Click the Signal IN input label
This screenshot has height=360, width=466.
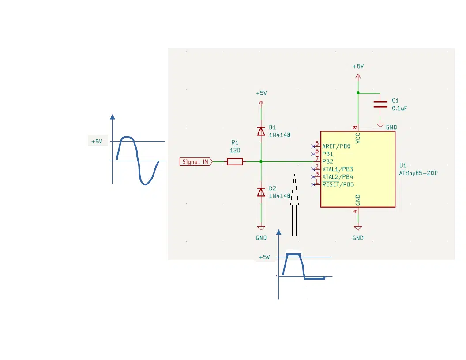[x=196, y=162]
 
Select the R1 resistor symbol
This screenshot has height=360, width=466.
[x=235, y=162]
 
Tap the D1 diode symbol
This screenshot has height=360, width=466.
[x=261, y=131]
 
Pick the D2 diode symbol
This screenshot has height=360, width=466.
[x=261, y=192]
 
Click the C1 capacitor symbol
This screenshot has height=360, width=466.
[x=380, y=104]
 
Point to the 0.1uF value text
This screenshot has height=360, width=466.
[x=399, y=109]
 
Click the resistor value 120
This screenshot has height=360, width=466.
[x=235, y=150]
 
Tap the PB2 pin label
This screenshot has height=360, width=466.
[x=327, y=161]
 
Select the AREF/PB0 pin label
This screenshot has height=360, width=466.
[x=336, y=146]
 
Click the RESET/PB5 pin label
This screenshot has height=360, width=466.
[x=338, y=184]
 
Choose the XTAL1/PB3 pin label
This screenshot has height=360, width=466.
[x=338, y=169]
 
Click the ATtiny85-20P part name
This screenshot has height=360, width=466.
[x=418, y=173]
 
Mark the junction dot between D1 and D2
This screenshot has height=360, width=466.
[x=261, y=161]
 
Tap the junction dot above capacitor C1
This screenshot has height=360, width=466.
[x=358, y=93]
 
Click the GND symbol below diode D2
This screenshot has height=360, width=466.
[x=261, y=228]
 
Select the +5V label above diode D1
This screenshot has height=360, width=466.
[x=262, y=93]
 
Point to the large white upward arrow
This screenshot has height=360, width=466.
[x=294, y=205]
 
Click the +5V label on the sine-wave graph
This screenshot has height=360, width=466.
[x=97, y=142]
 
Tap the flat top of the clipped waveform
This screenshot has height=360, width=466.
[x=293, y=255]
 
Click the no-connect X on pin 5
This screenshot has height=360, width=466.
[x=313, y=146]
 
